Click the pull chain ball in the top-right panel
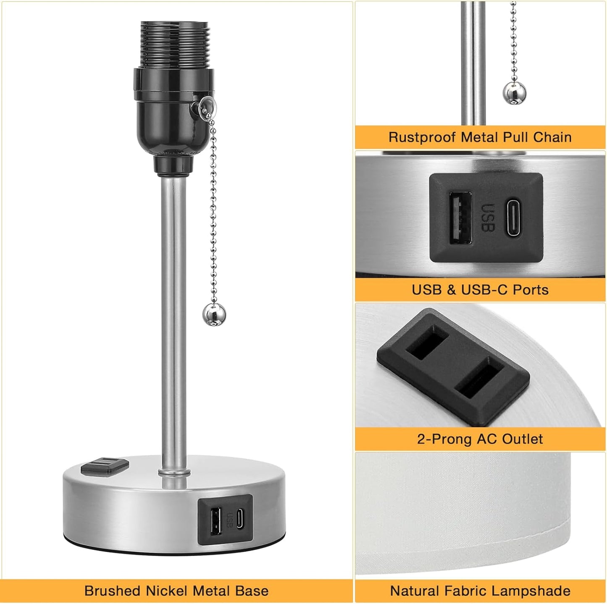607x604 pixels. click(514, 92)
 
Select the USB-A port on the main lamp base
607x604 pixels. click(215, 521)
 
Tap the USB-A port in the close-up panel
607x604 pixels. click(460, 218)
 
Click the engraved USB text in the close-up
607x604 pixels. click(488, 218)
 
